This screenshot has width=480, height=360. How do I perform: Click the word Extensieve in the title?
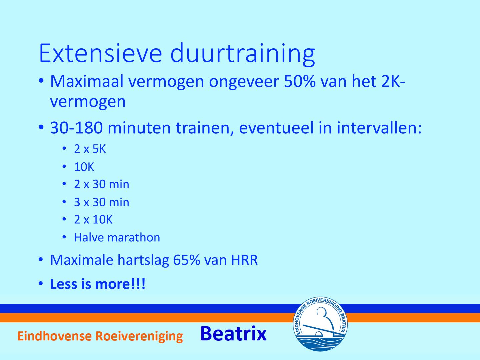[x=100, y=53]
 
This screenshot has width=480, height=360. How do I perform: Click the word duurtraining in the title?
[x=243, y=55]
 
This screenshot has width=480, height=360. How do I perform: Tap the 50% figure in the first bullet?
[x=300, y=81]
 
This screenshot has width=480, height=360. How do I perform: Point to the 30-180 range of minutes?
[x=77, y=128]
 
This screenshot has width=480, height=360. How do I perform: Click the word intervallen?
[x=379, y=128]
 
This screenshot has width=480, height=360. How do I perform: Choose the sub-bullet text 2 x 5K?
[x=90, y=149]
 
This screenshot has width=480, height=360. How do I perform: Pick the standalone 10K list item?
[x=84, y=167]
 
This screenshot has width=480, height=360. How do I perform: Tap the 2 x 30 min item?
[x=102, y=184]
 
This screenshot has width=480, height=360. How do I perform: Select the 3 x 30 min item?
[x=102, y=202]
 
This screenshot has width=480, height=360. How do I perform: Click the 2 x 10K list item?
[x=93, y=219]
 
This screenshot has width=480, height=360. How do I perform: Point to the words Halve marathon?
[x=117, y=237]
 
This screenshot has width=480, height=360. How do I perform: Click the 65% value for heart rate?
[x=187, y=260]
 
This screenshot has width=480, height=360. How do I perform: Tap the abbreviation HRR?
[x=244, y=260]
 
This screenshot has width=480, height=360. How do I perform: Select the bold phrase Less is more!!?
[x=98, y=284]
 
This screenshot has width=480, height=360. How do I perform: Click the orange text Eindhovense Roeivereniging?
[x=100, y=336]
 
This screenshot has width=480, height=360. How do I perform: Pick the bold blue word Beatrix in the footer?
[x=234, y=334]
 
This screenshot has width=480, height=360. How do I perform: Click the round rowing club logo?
[x=320, y=324]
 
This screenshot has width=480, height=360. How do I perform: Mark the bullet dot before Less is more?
[x=41, y=283]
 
